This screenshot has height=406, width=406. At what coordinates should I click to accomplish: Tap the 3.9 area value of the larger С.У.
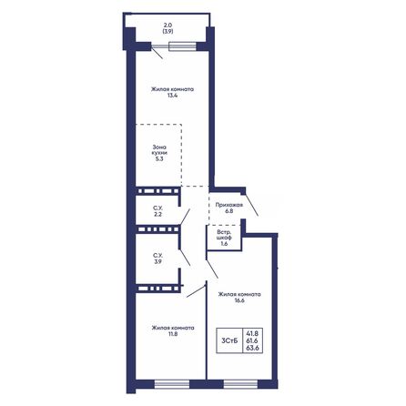[157, 261]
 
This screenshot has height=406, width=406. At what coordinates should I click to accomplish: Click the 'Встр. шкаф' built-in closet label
[223, 237]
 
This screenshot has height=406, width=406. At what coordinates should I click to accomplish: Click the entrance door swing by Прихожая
[251, 203]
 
